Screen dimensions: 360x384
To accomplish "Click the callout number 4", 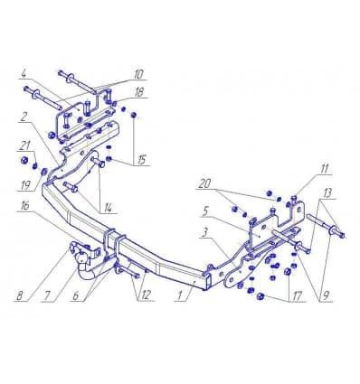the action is click(24, 74).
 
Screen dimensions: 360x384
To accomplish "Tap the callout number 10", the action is click(138, 74).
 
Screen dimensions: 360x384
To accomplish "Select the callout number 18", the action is click(139, 92).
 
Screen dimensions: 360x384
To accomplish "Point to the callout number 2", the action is click(23, 117).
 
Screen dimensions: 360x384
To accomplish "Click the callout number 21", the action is click(25, 145).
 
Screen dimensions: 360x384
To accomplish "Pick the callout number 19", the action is click(25, 184).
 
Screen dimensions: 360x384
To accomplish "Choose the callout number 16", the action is click(25, 206).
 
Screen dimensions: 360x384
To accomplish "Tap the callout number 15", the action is click(142, 160).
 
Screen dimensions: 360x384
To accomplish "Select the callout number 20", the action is click(204, 183).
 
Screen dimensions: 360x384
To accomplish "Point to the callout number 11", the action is click(324, 169).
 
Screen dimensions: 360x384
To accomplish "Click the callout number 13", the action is click(327, 192).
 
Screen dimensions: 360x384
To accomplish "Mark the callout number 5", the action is click(205, 211).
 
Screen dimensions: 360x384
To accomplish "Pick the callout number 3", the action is click(204, 232).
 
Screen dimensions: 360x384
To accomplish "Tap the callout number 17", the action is click(297, 295).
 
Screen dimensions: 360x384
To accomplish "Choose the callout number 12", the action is click(145, 295).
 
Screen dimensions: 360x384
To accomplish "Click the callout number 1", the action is click(179, 295).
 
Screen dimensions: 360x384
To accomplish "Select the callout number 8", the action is click(20, 295).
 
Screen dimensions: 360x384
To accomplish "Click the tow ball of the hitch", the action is click(82, 258).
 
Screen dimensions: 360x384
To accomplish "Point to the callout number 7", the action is click(48, 295).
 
